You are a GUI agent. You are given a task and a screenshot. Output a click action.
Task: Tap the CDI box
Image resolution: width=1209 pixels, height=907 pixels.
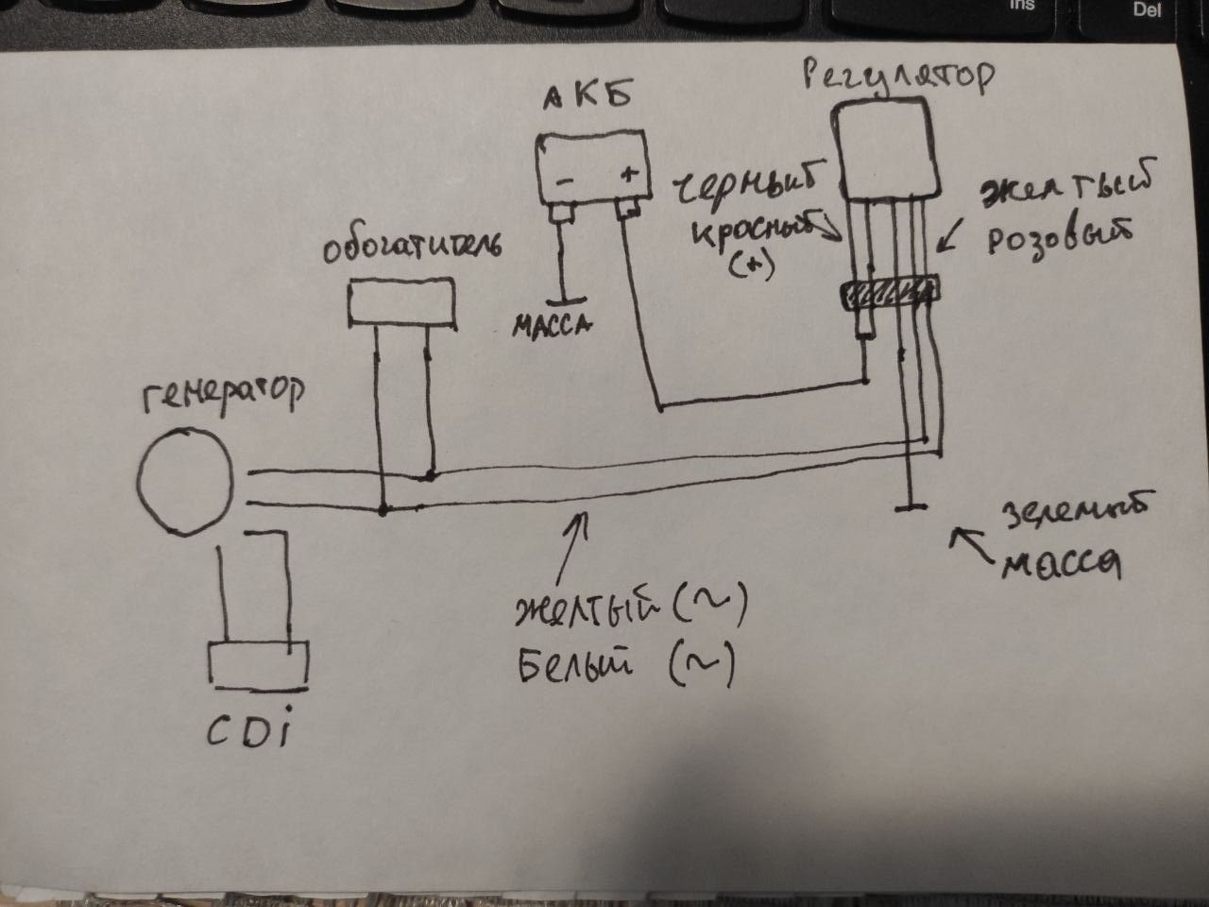point(259,665)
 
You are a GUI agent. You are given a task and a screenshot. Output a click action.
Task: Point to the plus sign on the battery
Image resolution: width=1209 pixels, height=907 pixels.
point(629,177)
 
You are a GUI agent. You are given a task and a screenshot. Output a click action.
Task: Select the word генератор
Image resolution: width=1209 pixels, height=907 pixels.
point(225,395)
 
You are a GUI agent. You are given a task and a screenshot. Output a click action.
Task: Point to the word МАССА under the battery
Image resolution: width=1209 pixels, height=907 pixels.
point(551,326)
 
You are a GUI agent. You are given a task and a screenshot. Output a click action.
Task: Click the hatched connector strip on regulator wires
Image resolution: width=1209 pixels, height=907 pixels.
point(891,295)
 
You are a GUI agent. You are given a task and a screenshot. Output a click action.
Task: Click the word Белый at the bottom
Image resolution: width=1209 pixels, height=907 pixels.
point(573,667)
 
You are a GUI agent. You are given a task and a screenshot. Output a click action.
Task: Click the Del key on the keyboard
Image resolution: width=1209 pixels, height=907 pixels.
point(1146,10)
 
